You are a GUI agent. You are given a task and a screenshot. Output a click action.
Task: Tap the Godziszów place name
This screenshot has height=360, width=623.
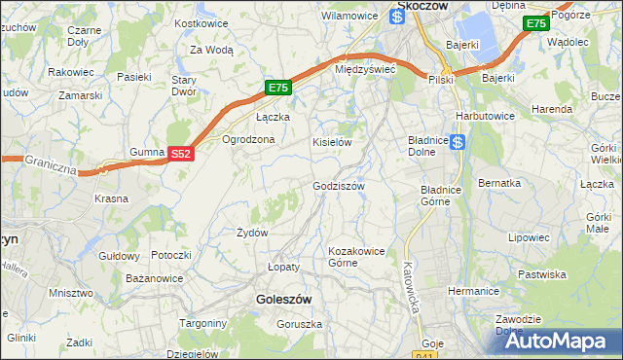click(338, 186)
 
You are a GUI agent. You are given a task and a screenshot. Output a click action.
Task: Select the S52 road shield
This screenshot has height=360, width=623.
click(181, 154)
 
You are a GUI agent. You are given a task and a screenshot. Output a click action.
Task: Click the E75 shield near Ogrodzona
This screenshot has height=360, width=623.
click(278, 88)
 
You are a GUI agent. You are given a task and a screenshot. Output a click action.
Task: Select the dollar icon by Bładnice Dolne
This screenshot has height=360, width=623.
click(458, 141)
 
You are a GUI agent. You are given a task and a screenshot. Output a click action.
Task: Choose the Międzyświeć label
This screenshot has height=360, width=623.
click(364, 70)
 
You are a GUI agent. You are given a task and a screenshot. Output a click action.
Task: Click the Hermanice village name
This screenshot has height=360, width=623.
click(473, 291)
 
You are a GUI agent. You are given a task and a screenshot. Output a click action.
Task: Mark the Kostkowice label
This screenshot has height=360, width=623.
click(200, 22)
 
